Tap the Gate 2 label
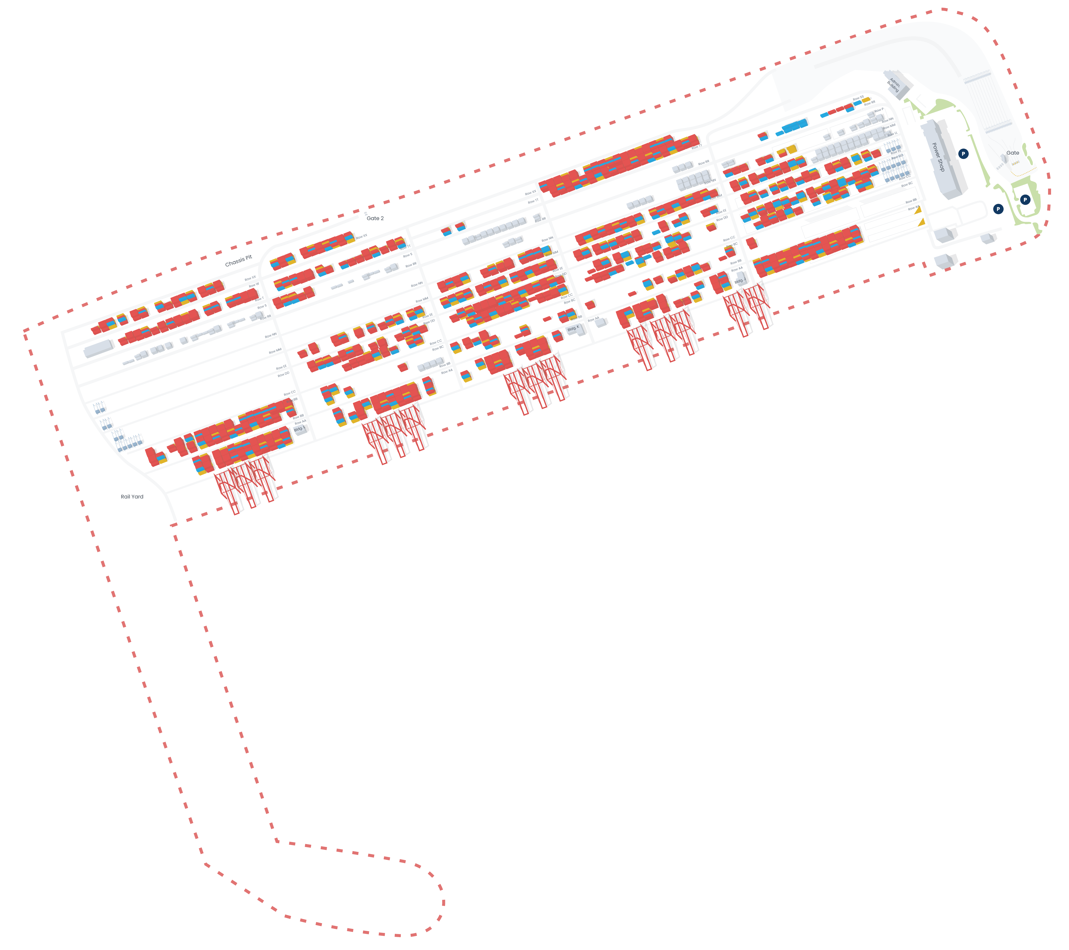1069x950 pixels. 375,218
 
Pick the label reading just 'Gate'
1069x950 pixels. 1013,153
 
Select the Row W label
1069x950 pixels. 254,285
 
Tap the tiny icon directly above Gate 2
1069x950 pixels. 366,213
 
